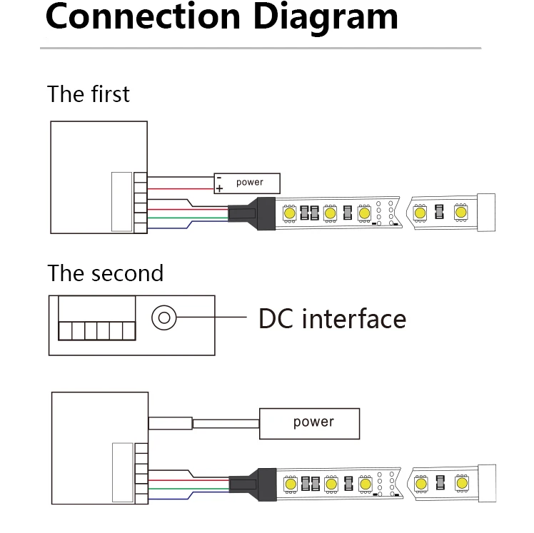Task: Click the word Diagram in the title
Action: [x=326, y=17]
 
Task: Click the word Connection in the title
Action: [x=143, y=16]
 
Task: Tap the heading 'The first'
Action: [x=89, y=94]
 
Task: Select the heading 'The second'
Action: [x=105, y=273]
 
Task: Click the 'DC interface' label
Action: [x=333, y=319]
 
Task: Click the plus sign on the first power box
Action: [x=219, y=188]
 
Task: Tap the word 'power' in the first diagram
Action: [x=250, y=182]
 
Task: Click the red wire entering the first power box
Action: [x=181, y=189]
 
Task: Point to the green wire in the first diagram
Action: [x=188, y=218]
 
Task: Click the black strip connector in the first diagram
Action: [x=252, y=213]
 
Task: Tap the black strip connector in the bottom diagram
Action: [x=253, y=484]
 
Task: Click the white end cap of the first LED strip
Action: [x=486, y=213]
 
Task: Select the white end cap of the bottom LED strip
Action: [x=487, y=483]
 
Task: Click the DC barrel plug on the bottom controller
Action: [x=171, y=423]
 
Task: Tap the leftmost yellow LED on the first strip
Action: [x=289, y=213]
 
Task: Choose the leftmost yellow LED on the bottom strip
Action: [x=291, y=484]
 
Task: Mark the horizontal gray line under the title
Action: [x=261, y=49]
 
